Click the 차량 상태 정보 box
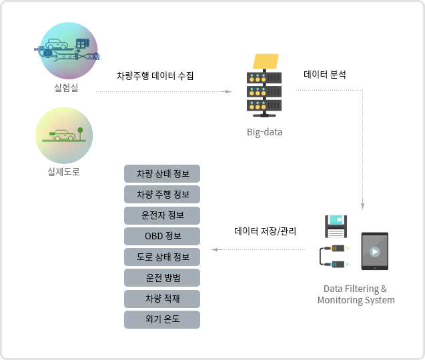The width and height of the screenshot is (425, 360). coord(162,173)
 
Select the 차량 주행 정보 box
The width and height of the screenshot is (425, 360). coord(162,194)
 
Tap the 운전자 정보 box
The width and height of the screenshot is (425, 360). coord(162,215)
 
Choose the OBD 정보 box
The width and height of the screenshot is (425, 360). coord(162,236)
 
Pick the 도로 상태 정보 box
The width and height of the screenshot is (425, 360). coord(162,257)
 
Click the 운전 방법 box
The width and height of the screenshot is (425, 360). coord(162,277)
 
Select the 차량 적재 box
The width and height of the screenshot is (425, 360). coord(162,298)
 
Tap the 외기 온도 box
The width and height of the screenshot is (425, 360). coord(162,319)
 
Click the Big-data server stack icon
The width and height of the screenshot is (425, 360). coord(264,87)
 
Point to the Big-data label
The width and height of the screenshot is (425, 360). coord(264,132)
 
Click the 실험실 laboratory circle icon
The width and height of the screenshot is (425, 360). coord(66,51)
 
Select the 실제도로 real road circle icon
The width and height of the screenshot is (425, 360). coord(64,135)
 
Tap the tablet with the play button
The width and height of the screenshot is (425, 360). coord(374,251)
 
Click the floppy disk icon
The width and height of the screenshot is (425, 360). coord(336,226)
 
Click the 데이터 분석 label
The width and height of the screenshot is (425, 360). coord(325,75)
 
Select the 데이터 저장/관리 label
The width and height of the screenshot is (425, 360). coord(265,231)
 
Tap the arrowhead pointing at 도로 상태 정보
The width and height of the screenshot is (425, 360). coord(214,250)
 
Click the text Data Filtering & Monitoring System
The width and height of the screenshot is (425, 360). coord(356,294)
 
